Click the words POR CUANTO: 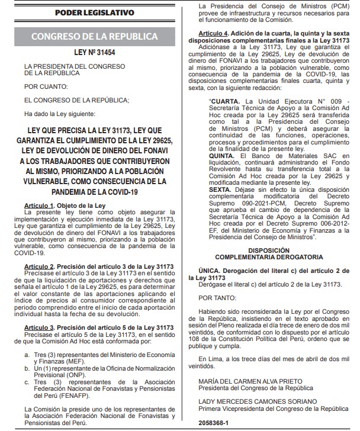(x=46, y=86)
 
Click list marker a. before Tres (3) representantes (x=27, y=353)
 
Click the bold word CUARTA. (x=226, y=101)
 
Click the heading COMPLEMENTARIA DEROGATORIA (x=269, y=258)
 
